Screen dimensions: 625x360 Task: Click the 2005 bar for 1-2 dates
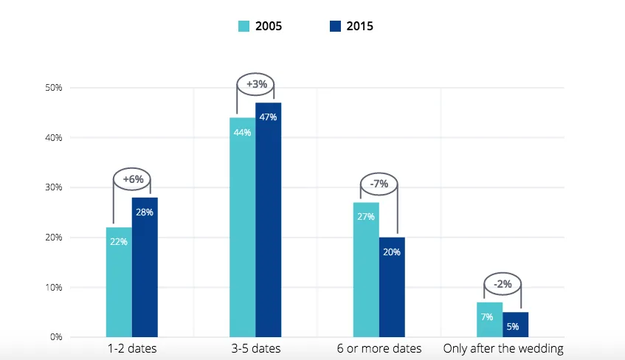click(119, 283)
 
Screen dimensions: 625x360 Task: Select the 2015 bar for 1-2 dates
click(145, 267)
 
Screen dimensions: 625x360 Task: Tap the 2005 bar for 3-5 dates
click(242, 227)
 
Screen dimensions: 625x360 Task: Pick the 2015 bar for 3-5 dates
click(269, 220)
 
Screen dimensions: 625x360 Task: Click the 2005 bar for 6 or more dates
click(366, 270)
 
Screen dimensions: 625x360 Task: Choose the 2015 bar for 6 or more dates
click(392, 287)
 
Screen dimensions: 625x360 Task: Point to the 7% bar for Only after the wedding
click(489, 319)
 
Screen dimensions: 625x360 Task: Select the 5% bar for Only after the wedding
click(515, 325)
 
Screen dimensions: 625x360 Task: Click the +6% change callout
click(132, 179)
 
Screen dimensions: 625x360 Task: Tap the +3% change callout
click(256, 85)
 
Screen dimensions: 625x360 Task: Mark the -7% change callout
click(379, 184)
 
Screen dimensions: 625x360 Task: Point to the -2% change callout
click(503, 284)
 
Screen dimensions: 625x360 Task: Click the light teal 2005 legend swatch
click(244, 27)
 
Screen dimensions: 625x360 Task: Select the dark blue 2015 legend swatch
click(335, 27)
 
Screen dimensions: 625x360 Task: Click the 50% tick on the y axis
click(54, 88)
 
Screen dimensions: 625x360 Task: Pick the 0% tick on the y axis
click(56, 337)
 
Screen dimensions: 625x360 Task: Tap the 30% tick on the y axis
click(54, 187)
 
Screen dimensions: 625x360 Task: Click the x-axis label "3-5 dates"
click(256, 348)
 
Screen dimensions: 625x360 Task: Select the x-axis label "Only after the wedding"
click(503, 348)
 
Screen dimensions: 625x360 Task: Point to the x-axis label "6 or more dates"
click(379, 348)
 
